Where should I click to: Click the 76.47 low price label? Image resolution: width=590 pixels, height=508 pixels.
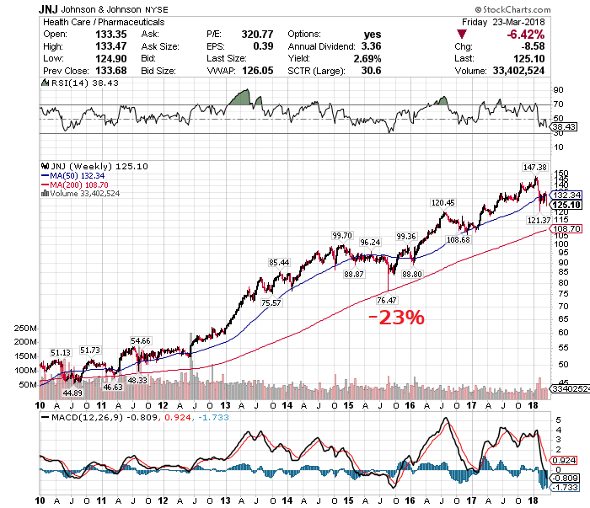(x=386, y=300)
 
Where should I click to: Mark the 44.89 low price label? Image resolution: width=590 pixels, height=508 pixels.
(x=74, y=393)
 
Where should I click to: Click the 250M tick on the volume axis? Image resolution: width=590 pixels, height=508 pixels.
(x=26, y=329)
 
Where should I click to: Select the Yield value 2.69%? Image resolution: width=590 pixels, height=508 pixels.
(x=367, y=59)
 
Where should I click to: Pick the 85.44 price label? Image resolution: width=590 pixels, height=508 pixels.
(x=279, y=263)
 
